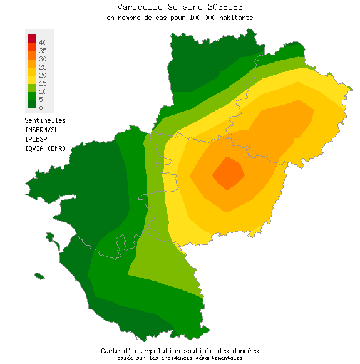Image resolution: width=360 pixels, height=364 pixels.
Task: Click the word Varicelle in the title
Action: point(136,7)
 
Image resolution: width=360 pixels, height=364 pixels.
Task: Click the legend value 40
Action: point(43,42)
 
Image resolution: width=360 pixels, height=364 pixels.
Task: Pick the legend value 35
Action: point(43,50)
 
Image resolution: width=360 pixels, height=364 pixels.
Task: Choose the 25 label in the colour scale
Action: point(43,66)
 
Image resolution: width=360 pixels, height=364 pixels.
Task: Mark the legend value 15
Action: point(43,83)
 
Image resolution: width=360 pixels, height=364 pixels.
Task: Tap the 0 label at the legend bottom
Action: point(41,108)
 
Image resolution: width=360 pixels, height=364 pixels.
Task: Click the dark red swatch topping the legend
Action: point(32,39)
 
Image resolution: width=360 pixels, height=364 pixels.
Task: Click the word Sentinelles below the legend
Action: point(45,120)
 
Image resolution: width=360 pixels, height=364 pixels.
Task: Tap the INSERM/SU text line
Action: point(41,130)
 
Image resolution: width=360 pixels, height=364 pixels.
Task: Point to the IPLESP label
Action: point(37,139)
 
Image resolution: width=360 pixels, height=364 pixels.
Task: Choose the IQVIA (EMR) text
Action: point(45,148)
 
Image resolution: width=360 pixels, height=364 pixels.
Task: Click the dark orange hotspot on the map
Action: point(229,172)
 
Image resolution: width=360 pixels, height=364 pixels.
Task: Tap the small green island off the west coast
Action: point(39,276)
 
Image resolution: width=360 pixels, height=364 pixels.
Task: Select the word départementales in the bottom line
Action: point(219,358)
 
